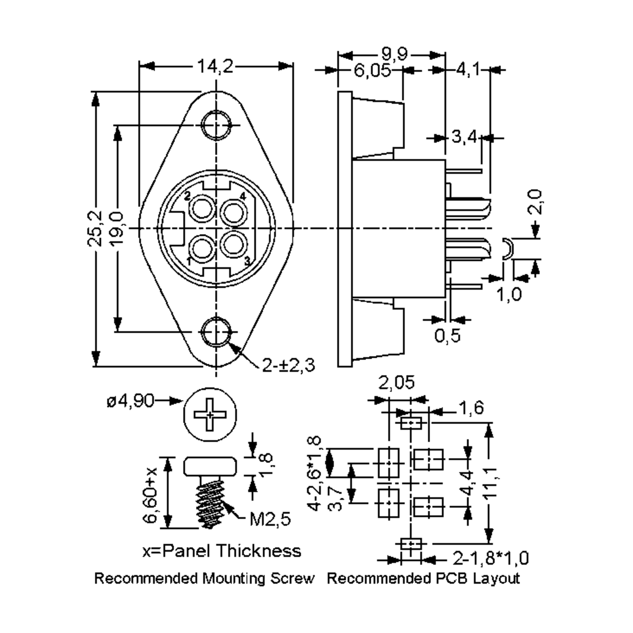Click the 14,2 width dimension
click(215, 66)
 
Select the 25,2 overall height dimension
click(95, 228)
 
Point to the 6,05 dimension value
click(372, 70)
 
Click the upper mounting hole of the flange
click(215, 125)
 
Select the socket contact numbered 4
click(233, 213)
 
